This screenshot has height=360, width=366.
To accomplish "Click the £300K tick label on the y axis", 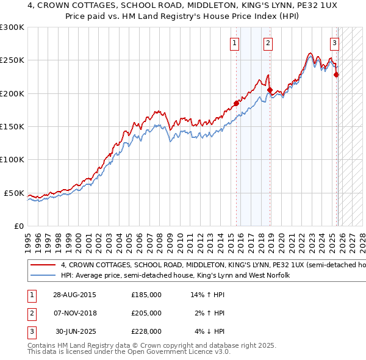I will (x=12, y=27).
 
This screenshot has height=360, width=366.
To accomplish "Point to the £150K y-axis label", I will (x=12, y=127).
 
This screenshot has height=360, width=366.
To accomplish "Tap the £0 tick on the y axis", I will (x=19, y=226).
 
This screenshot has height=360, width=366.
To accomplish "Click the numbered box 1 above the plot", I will (x=235, y=43).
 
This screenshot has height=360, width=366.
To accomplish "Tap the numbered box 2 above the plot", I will (x=268, y=43).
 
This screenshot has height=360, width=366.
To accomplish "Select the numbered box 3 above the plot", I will (x=334, y=43).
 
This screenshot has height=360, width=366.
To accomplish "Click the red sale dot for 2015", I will (x=237, y=103).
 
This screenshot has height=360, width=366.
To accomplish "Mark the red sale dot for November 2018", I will (x=269, y=90).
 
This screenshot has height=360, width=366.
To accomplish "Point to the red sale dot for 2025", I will (x=336, y=75).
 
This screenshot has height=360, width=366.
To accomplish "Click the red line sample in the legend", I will (x=42, y=265).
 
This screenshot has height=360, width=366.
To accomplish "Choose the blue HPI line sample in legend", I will (x=42, y=275).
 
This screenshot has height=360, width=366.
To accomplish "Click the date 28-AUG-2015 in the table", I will (x=74, y=294).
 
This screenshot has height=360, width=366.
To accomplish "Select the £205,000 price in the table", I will (x=146, y=312).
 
